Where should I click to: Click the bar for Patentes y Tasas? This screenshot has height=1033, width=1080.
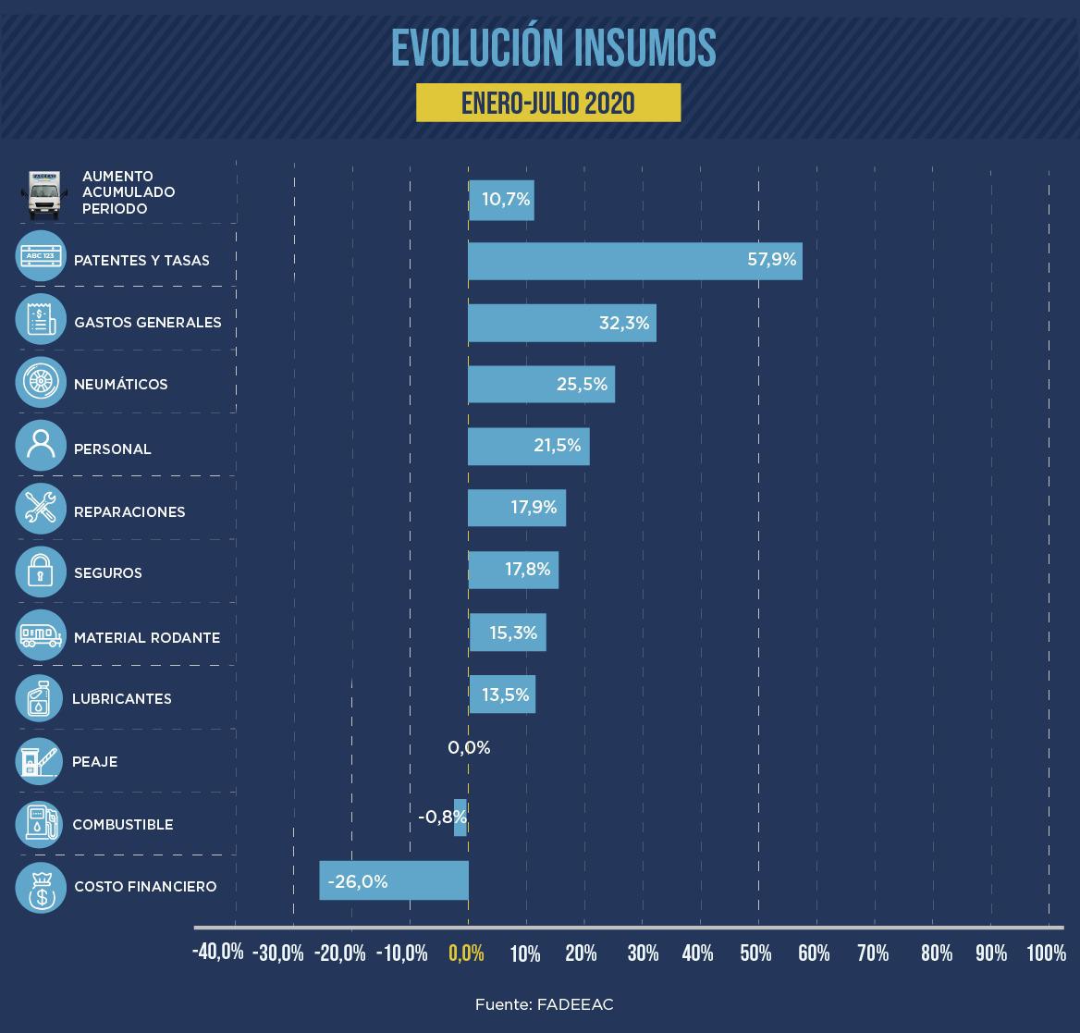(634, 261)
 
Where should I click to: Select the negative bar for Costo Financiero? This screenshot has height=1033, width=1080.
(394, 880)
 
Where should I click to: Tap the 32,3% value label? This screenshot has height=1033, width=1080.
(624, 323)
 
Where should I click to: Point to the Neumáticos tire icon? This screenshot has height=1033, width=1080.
(41, 383)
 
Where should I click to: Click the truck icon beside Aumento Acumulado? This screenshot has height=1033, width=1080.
(43, 193)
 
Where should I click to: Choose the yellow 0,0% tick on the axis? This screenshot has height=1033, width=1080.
(467, 953)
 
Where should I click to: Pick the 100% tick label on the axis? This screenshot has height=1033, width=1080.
(1046, 953)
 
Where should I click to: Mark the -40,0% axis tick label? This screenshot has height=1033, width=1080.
(218, 953)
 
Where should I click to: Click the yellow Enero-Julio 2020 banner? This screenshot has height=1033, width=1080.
(548, 103)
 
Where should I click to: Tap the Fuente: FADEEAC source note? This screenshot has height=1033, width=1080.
(545, 1004)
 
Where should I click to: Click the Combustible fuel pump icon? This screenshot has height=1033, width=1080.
(41, 824)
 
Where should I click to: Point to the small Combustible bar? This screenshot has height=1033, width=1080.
(460, 818)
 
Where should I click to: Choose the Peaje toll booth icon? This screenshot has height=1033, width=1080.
(41, 761)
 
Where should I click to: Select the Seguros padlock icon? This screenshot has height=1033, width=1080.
(41, 572)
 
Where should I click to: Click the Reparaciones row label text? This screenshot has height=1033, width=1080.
(129, 512)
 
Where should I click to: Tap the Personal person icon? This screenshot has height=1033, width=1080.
(41, 446)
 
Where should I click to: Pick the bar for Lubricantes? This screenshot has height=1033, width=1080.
(502, 695)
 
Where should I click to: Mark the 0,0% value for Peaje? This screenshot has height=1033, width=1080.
(469, 748)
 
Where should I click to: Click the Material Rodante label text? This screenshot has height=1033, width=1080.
(147, 638)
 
